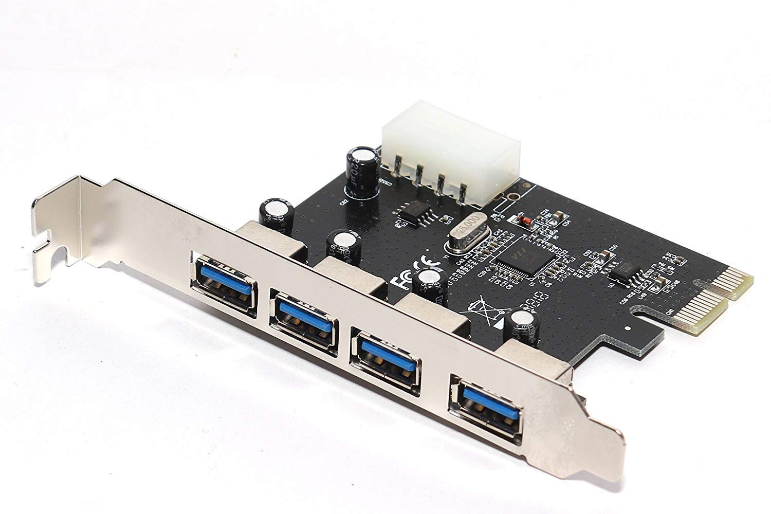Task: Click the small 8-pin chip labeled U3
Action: (x=626, y=270)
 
